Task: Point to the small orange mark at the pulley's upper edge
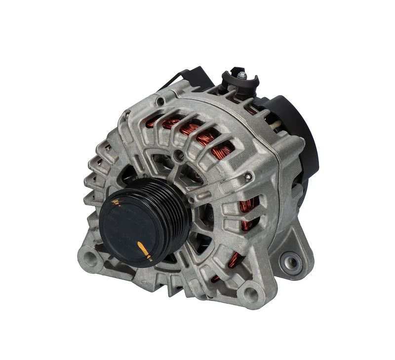point(116,202)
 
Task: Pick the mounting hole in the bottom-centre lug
point(251,295)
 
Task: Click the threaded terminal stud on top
point(241,75)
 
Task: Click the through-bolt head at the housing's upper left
point(159,102)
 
